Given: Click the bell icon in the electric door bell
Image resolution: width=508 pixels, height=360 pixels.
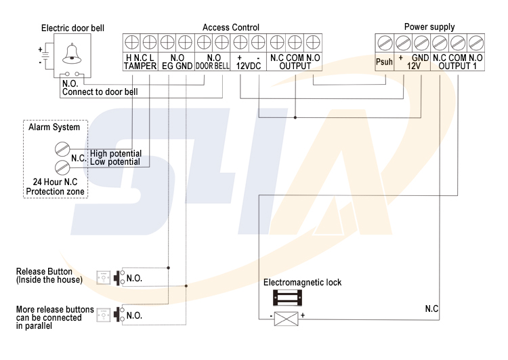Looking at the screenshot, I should (71, 53).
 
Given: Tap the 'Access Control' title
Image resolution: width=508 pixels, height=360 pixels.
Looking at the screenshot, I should (231, 27).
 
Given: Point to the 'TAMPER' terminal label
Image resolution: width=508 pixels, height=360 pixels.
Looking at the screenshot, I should (140, 66).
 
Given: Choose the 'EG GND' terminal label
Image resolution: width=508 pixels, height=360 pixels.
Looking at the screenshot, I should (177, 66).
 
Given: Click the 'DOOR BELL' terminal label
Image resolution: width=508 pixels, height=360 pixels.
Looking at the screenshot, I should (213, 66).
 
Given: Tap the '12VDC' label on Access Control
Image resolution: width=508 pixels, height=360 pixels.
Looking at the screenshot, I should (249, 66).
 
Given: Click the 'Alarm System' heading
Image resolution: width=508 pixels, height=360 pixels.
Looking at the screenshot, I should (54, 127).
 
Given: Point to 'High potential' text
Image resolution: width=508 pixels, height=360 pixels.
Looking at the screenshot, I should (115, 154).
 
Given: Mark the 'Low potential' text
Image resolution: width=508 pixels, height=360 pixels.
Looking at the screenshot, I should (115, 162).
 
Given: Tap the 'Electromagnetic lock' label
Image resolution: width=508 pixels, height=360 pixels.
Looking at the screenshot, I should (302, 282).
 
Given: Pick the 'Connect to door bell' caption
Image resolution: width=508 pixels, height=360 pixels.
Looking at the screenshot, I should (100, 92).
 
